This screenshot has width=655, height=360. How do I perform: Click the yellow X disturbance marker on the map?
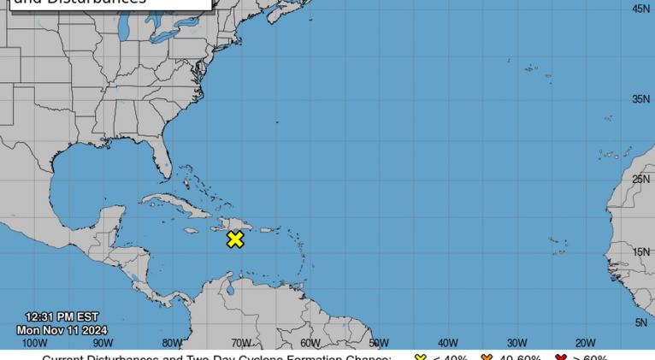(235, 240)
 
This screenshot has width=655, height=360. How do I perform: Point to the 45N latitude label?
(640, 9)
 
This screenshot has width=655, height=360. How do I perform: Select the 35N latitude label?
(640, 100)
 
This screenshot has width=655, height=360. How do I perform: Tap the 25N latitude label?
(640, 180)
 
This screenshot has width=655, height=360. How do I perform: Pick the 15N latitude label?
(640, 252)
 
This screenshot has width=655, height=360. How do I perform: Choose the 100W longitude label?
(34, 343)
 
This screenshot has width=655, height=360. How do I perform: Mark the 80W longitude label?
(172, 343)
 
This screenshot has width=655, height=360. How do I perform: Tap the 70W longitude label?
(241, 343)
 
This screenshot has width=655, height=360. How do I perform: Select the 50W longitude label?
(379, 343)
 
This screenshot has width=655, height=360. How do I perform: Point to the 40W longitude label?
(447, 343)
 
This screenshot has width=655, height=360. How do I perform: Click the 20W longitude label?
(585, 343)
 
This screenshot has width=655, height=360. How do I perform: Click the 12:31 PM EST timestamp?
(62, 317)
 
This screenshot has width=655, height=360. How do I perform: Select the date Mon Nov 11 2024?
(62, 330)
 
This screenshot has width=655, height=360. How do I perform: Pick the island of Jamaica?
(190, 230)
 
